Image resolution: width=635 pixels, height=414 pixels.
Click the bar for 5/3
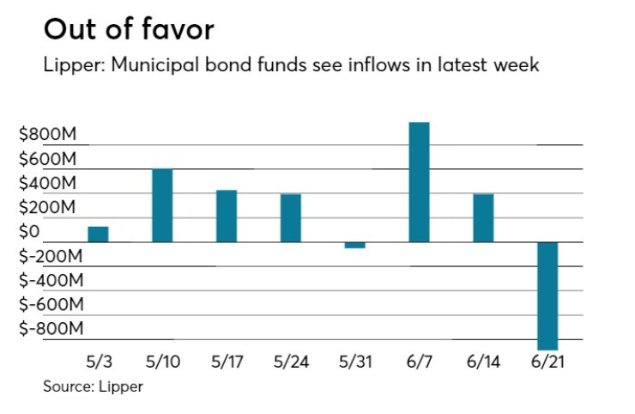pyautogui.click(x=98, y=234)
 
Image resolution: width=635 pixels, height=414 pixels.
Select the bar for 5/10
pyautogui.click(x=162, y=205)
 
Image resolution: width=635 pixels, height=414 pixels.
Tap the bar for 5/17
pyautogui.click(x=227, y=216)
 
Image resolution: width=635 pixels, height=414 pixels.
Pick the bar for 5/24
pyautogui.click(x=291, y=218)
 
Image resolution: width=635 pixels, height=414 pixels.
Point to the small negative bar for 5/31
pyautogui.click(x=354, y=245)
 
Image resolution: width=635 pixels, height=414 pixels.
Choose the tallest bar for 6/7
pyautogui.click(x=419, y=182)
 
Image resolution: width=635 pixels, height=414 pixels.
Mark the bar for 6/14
pyautogui.click(x=483, y=218)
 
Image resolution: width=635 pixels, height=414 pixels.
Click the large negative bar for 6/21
pyautogui.click(x=547, y=295)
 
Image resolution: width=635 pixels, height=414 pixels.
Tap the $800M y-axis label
pyautogui.click(x=47, y=135)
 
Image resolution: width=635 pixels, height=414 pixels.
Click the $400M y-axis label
pyautogui.click(x=47, y=183)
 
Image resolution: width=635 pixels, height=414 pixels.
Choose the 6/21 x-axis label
pyautogui.click(x=547, y=362)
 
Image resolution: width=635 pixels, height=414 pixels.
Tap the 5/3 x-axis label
pyautogui.click(x=98, y=362)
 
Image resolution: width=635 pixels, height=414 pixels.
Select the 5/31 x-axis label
pyautogui.click(x=354, y=362)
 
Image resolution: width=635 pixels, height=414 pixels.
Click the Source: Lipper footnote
pyautogui.click(x=94, y=387)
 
